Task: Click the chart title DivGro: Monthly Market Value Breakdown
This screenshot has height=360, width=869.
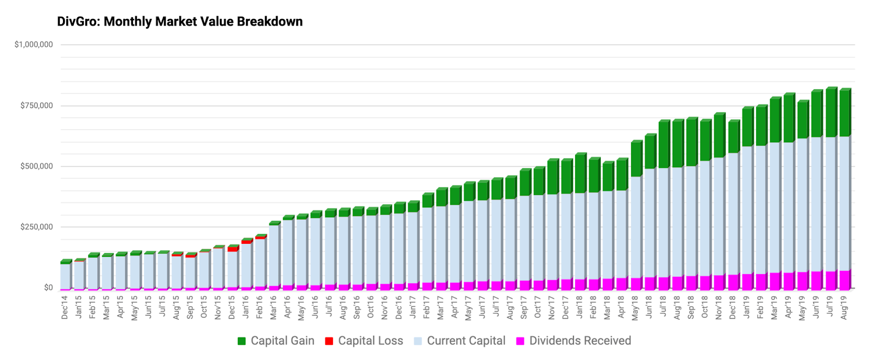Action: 180,21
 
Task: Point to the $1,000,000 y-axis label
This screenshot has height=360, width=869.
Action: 34,45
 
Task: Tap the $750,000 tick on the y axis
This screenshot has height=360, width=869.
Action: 36,105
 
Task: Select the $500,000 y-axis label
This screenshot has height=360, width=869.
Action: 36,166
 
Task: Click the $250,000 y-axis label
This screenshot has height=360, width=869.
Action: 36,227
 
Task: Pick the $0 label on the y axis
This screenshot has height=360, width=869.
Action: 48,288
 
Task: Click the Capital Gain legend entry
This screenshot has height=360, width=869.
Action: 276,341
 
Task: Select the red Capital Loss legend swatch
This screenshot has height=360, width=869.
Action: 329,342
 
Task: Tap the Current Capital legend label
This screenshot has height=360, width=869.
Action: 466,341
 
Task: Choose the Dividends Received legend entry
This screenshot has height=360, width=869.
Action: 574,341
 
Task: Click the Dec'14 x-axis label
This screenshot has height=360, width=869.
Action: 65,308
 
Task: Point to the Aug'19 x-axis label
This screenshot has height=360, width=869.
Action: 844,308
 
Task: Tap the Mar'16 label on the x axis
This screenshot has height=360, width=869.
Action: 274,308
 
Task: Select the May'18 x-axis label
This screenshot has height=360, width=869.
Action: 635,308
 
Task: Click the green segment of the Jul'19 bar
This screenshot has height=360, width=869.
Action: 831,112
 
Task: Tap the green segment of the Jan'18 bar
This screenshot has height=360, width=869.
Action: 581,174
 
